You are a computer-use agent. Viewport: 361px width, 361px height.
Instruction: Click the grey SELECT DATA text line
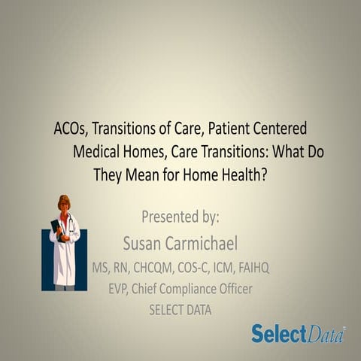click(181, 309)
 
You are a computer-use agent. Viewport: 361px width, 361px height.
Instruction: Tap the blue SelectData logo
click(298, 333)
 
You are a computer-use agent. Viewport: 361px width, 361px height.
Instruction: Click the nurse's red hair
click(64, 202)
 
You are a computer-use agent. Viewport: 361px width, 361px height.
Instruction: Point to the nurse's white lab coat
click(66, 248)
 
